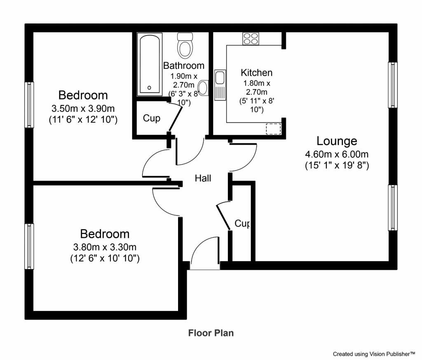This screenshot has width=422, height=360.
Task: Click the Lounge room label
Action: [x=337, y=141]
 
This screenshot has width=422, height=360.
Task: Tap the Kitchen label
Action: [x=256, y=72]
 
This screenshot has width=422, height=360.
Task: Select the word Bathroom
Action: [x=184, y=65]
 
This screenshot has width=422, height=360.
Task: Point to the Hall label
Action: [x=203, y=178]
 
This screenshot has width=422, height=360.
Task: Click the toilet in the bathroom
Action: [x=185, y=45]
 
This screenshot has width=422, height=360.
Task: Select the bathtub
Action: [x=150, y=64]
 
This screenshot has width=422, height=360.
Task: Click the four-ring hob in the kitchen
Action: [x=251, y=38]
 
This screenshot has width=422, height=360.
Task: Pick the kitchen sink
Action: [x=220, y=85]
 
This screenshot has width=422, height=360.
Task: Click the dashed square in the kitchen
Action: [x=274, y=129]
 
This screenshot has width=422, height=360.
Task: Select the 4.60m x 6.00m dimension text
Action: [x=337, y=154]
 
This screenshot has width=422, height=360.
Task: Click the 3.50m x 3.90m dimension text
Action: [x=83, y=108]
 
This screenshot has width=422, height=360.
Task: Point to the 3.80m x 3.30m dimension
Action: [x=105, y=247]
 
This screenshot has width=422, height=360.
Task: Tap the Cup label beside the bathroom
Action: [x=152, y=118]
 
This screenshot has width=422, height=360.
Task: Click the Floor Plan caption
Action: [x=211, y=333]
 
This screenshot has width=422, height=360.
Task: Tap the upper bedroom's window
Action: [x=29, y=105]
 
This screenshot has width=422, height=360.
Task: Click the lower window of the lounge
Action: [x=393, y=208]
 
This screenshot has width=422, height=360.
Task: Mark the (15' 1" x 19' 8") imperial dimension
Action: [x=337, y=165]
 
